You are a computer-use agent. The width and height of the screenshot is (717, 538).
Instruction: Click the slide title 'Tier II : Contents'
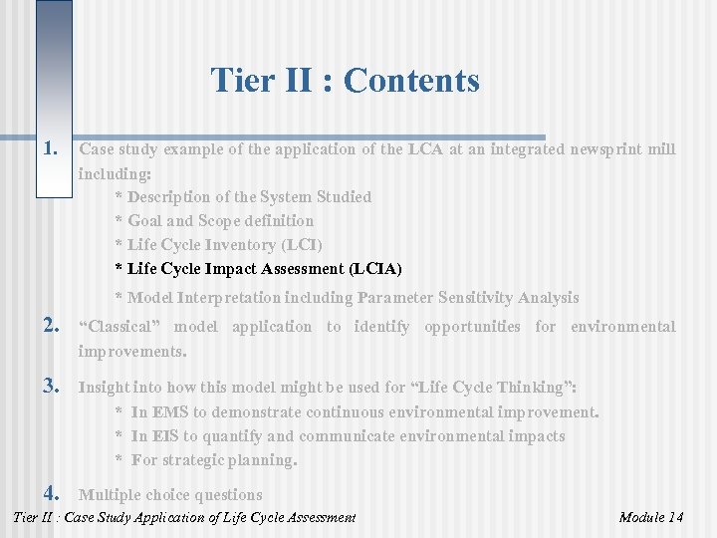coord(345,80)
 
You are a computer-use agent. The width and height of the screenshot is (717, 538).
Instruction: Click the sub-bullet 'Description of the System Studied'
coord(249,197)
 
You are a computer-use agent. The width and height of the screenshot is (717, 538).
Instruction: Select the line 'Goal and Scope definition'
coord(220,221)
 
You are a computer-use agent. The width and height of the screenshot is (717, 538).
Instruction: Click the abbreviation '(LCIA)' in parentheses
coord(375,269)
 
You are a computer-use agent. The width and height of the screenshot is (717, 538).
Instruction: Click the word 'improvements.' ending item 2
coord(132,352)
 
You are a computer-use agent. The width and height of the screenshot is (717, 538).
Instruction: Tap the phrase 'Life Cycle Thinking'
coord(511,388)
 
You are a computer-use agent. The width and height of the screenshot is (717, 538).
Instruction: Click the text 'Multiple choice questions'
coord(170,495)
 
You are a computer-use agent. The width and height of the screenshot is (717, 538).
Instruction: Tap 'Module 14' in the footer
coord(651,517)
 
